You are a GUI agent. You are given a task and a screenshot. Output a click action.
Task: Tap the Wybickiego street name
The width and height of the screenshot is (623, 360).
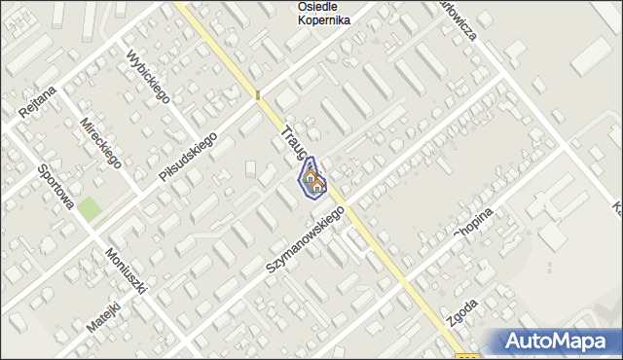pos(149,77)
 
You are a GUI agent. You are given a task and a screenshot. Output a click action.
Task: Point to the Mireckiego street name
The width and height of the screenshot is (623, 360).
pos(100,144)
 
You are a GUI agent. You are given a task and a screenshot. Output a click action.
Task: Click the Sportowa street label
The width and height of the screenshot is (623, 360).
pos(55,186)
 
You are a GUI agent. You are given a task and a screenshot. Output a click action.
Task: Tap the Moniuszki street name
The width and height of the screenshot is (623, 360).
pos(127,271)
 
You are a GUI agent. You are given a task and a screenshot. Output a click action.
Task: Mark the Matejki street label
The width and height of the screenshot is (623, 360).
pos(102,317)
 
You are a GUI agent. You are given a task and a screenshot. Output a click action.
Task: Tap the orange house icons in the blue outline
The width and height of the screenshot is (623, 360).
pos(313,180)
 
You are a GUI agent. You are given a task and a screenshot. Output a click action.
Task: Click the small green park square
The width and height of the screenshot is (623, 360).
pos(90,208)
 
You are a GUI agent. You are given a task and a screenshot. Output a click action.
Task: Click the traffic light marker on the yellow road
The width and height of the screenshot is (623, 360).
pos(258,95)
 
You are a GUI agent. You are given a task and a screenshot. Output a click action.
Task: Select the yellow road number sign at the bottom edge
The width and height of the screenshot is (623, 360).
pos(466,355)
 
